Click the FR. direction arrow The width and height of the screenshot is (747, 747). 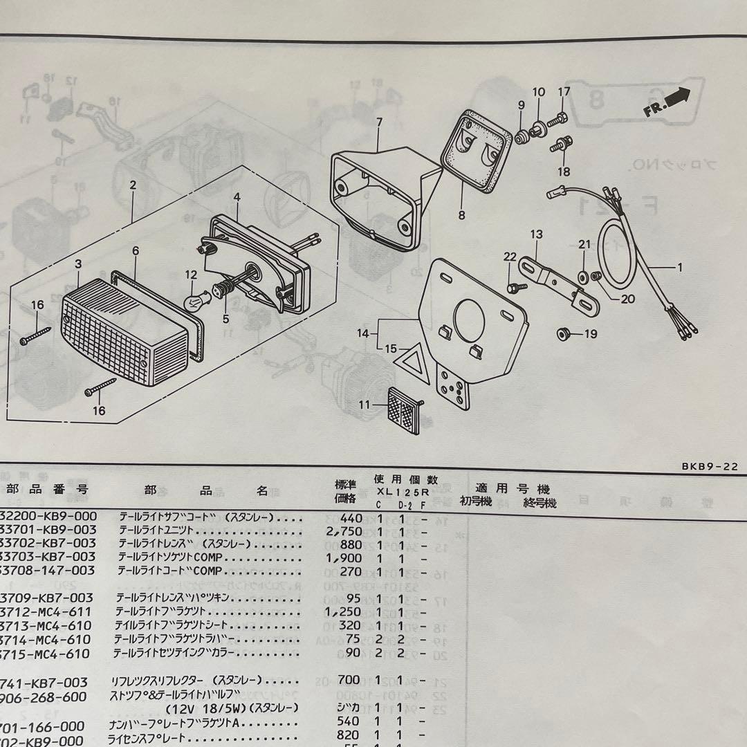click(668, 102)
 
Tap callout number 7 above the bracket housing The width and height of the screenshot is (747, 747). click(379, 123)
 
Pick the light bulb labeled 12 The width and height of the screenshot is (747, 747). click(194, 302)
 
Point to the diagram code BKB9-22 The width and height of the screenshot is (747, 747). click(709, 466)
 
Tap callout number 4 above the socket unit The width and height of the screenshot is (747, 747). click(237, 197)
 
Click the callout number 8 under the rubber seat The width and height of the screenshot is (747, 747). click(461, 215)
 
